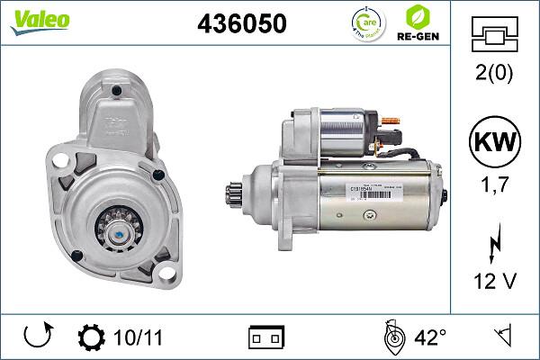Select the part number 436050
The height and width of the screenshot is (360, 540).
(x=241, y=24)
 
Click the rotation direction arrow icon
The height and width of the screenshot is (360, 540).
(x=37, y=337)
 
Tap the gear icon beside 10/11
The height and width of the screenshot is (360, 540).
(x=91, y=337)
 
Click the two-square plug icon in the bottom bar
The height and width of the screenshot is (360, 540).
(x=266, y=337)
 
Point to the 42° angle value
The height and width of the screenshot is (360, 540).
(x=430, y=337)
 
